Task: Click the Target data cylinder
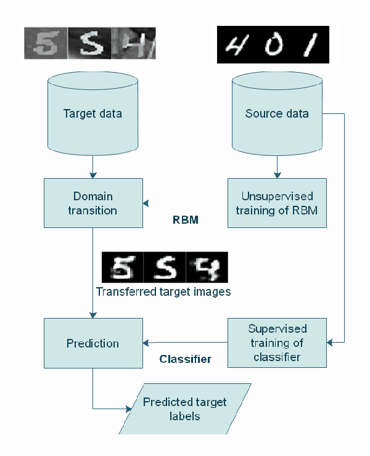(92, 114)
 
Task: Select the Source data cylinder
(277, 114)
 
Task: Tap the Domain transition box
(92, 203)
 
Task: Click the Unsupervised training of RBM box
(277, 203)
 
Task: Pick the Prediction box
(92, 343)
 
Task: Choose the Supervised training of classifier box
(277, 343)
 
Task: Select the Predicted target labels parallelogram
(185, 409)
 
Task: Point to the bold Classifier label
(185, 359)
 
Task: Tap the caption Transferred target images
(163, 291)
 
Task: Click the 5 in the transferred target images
(123, 267)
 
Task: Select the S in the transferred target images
(164, 267)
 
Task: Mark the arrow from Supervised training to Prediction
(185, 343)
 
